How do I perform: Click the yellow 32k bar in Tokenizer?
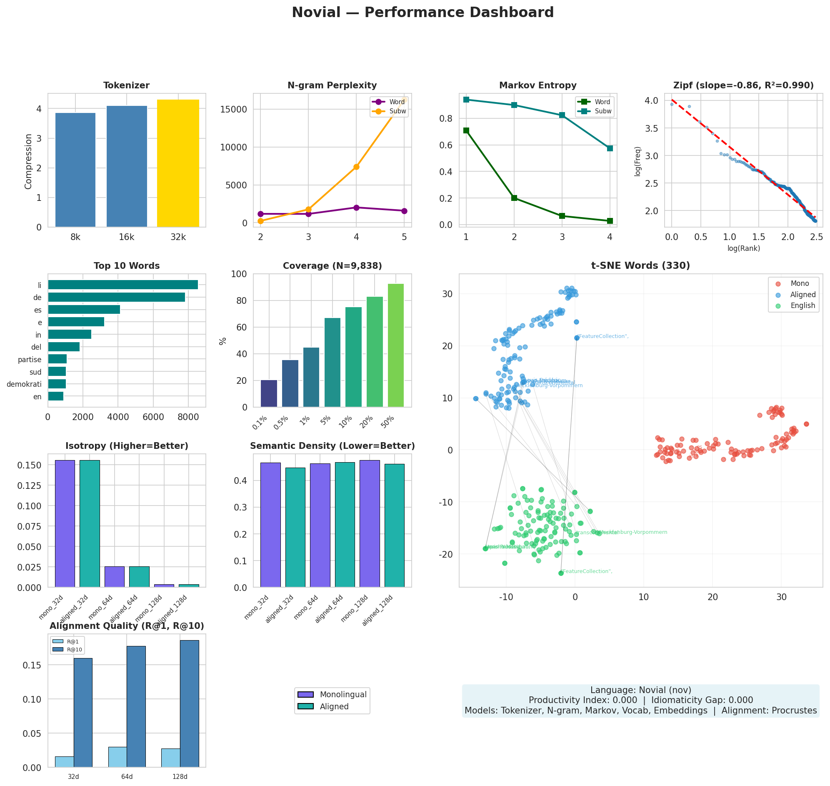point(178,163)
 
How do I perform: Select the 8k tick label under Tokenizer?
point(75,237)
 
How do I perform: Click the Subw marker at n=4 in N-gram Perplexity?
point(356,167)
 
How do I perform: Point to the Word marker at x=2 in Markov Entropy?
point(514,198)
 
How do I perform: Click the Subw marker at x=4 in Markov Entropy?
point(610,148)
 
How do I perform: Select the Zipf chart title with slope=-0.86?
point(743,85)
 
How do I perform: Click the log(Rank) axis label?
point(743,248)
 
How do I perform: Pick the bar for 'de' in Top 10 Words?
point(117,297)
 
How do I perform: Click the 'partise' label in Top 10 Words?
point(29,360)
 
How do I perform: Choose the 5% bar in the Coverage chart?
point(332,363)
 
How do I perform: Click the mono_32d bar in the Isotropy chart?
point(65,523)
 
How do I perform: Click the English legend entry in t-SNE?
point(802,305)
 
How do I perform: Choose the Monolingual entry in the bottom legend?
point(343,694)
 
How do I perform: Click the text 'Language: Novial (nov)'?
point(640,690)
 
